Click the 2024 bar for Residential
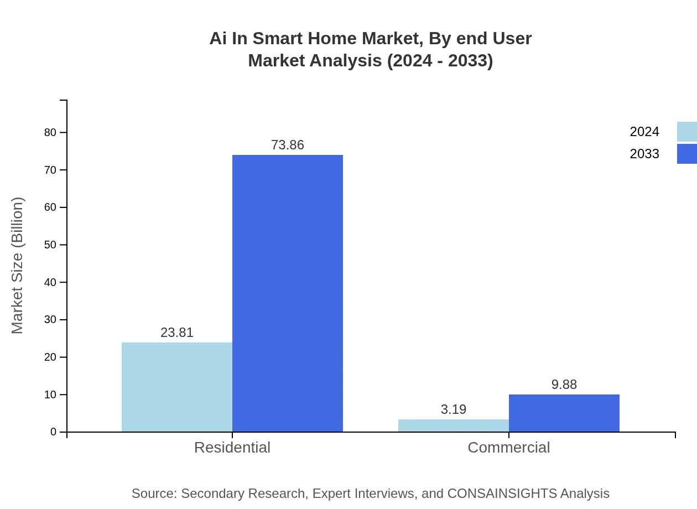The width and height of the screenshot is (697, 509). [x=177, y=387]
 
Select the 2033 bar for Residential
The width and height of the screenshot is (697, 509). [x=288, y=293]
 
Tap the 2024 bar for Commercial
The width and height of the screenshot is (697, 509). [x=454, y=425]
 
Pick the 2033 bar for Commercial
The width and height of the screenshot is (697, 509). [x=564, y=413]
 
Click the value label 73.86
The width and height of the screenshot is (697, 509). [x=288, y=145]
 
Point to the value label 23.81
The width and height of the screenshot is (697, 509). [x=177, y=333]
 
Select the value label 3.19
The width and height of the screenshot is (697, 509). [x=454, y=409]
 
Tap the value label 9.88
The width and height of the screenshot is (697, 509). [x=564, y=385]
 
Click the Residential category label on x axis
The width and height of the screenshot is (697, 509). [x=232, y=448]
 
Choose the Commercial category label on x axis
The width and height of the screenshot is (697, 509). [x=509, y=448]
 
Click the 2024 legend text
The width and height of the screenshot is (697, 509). [x=644, y=132]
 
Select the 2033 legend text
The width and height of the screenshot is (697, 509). [x=644, y=154]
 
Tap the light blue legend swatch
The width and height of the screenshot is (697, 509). [x=687, y=132]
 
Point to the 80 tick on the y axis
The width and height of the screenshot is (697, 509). [x=50, y=132]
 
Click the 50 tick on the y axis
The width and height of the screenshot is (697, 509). [x=50, y=245]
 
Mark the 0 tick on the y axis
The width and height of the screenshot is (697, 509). [x=54, y=432]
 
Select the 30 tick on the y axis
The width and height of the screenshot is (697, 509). [x=50, y=320]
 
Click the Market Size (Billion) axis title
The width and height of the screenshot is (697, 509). [x=18, y=266]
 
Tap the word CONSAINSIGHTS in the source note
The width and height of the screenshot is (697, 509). [x=502, y=494]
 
